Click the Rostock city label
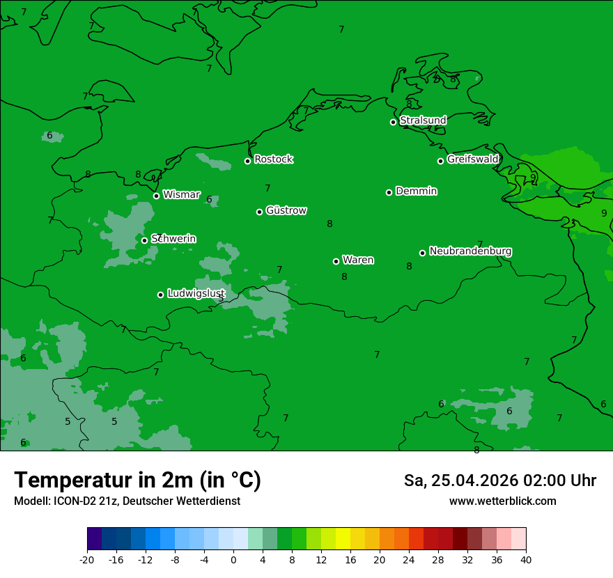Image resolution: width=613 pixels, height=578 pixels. click(273, 159)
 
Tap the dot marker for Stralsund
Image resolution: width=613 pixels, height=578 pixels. click(393, 122)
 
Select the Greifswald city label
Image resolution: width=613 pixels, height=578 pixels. click(472, 159)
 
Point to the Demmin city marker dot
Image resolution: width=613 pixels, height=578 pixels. click(389, 192)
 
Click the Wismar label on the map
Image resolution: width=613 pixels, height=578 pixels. click(181, 195)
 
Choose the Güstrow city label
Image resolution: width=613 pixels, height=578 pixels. click(286, 211)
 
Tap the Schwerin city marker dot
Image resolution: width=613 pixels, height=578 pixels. click(144, 240)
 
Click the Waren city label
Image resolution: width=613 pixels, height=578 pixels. click(357, 260)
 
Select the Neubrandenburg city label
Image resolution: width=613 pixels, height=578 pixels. click(470, 251)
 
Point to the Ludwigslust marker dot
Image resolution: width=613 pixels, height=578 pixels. click(160, 295)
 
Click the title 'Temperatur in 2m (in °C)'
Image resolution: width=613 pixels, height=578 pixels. click(137, 481)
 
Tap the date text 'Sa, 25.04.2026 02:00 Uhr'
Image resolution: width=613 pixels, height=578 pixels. click(499, 481)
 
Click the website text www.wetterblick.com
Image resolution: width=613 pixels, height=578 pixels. click(502, 501)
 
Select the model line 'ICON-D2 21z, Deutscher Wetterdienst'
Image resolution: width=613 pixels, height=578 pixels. click(127, 501)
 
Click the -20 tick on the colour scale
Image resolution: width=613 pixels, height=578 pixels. click(87, 559)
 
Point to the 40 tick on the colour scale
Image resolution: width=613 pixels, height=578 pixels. click(526, 559)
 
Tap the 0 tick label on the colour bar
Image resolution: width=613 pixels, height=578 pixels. click(233, 559)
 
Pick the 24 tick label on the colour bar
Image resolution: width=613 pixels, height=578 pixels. click(409, 559)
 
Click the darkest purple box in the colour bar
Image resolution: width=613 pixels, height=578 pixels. click(95, 539)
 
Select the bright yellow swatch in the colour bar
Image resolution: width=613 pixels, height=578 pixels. click(343, 539)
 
